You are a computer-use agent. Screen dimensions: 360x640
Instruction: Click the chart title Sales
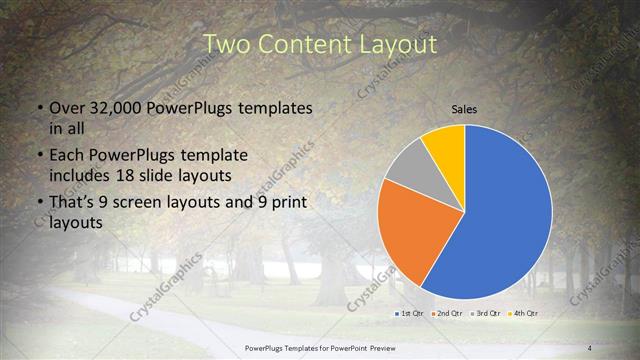[464, 108]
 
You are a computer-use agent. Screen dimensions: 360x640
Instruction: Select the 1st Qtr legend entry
[408, 314]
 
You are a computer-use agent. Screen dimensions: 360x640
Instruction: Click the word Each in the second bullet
[68, 156]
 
